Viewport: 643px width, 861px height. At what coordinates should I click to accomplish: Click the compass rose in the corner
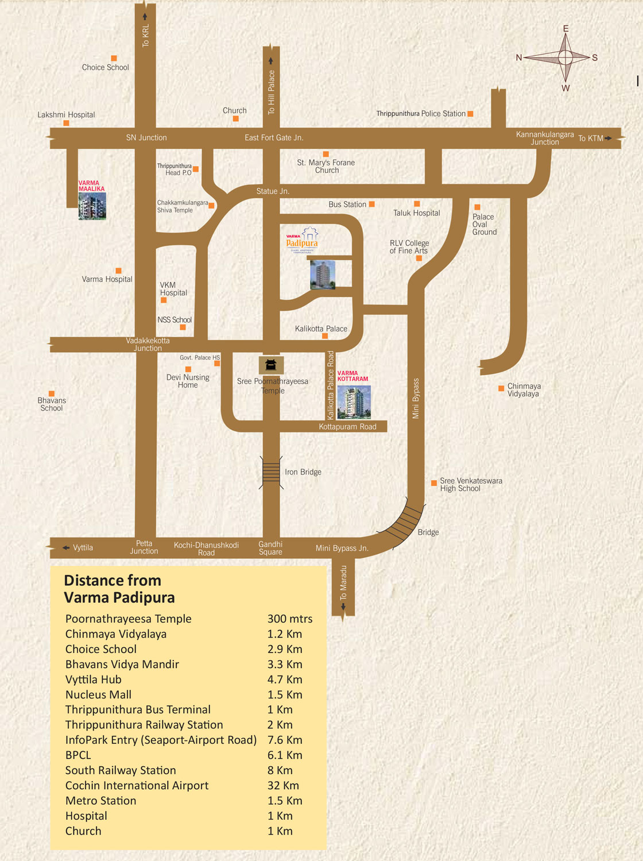click(x=565, y=57)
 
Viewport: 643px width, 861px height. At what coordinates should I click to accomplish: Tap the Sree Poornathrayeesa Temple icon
click(x=271, y=365)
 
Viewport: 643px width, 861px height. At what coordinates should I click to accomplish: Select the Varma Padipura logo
click(x=303, y=240)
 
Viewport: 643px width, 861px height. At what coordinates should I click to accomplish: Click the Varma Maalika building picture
click(x=92, y=206)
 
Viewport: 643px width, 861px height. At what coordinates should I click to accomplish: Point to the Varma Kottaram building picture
click(x=354, y=402)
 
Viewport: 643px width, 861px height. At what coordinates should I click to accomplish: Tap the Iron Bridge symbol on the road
click(x=271, y=472)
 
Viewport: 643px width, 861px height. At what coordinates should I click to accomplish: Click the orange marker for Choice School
click(x=114, y=58)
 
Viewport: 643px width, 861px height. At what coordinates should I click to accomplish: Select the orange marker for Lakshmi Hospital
click(x=66, y=123)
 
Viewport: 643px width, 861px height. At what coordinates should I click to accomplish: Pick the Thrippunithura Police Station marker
click(x=470, y=114)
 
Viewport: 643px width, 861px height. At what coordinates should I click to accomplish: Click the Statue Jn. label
click(x=273, y=191)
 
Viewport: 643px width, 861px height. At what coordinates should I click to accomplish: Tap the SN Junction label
click(x=146, y=138)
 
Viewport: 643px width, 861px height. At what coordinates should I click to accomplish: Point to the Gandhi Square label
click(x=270, y=548)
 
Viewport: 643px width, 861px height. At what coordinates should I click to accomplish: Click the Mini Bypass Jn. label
click(x=342, y=548)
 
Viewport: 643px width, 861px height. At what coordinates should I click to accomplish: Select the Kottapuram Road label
click(x=347, y=427)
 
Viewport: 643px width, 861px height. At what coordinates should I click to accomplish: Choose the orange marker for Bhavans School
click(x=51, y=393)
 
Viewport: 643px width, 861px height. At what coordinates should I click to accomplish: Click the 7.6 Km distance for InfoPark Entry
click(x=285, y=740)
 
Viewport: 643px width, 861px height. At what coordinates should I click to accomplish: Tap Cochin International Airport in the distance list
click(x=137, y=785)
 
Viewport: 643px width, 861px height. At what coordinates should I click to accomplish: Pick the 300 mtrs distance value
click(x=290, y=619)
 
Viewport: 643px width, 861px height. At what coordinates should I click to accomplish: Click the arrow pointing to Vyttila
click(x=66, y=548)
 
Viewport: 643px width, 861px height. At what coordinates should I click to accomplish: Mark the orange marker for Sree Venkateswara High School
click(x=434, y=483)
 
